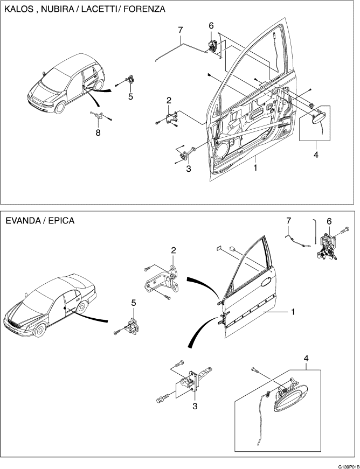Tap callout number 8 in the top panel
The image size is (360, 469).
(98, 133)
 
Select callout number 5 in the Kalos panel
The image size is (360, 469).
(130, 97)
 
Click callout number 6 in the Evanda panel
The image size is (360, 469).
(330, 221)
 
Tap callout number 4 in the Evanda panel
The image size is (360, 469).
(306, 358)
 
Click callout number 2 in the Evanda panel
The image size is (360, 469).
(174, 250)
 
